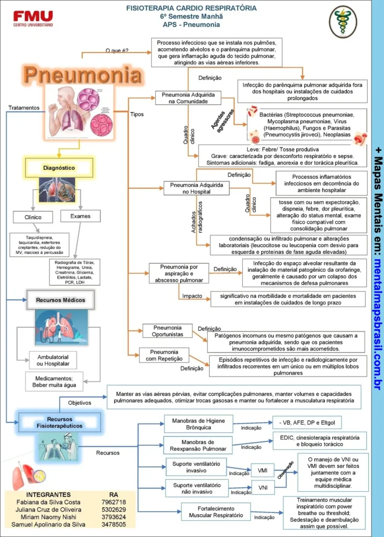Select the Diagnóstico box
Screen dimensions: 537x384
59,168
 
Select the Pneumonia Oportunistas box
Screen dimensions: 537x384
167,331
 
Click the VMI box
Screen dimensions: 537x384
263,470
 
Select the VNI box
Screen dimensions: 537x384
263,488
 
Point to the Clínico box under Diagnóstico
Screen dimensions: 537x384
33,217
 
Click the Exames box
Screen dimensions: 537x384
80,216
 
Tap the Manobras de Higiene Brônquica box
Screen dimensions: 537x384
199,424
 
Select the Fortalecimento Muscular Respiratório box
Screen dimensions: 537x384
216,512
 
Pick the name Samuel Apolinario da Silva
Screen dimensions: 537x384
48,524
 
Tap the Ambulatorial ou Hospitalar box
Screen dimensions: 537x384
46,360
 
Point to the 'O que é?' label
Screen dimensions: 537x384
117,51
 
